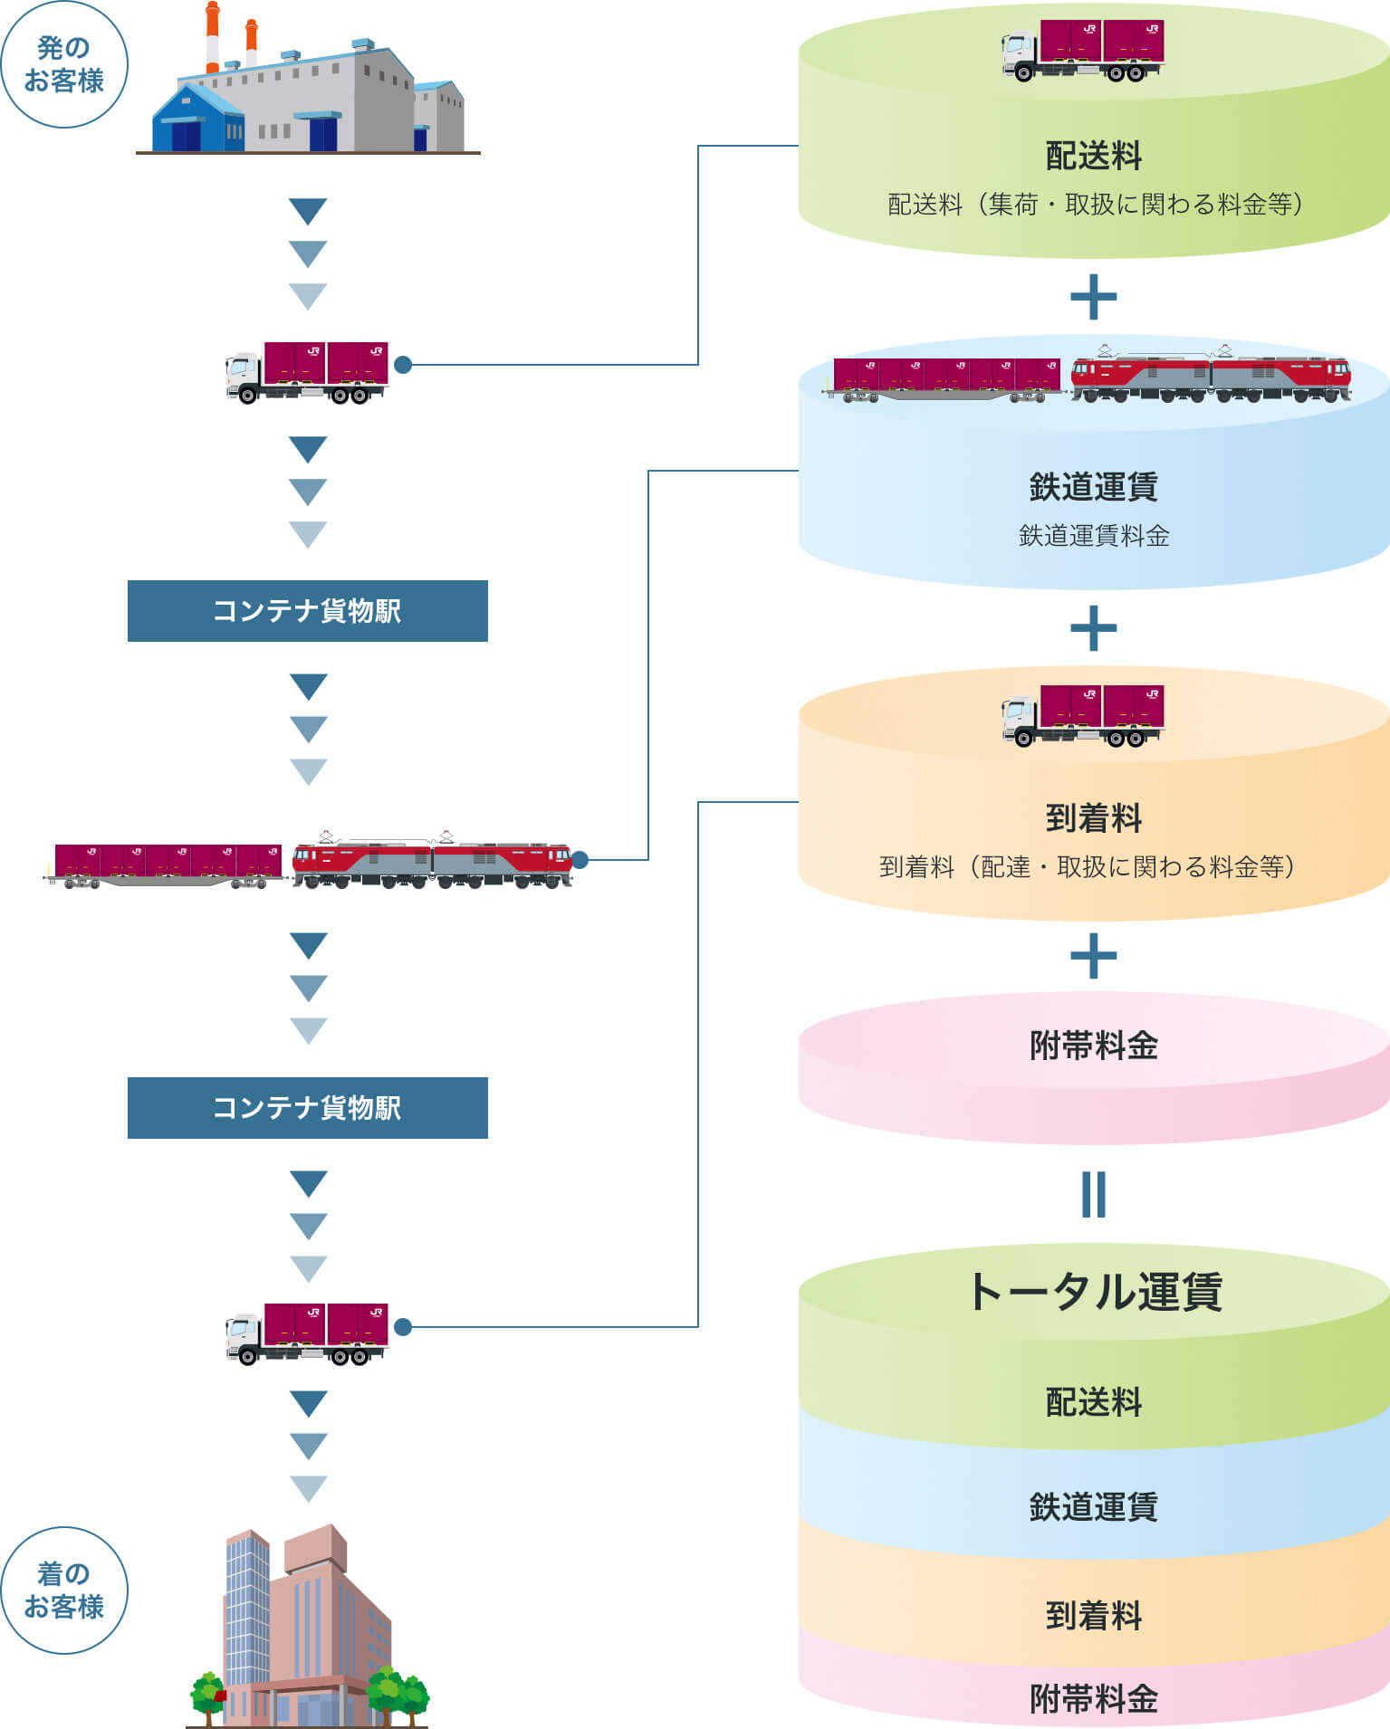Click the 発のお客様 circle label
pyautogui.click(x=63, y=64)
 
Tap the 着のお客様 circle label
pyautogui.click(x=63, y=1590)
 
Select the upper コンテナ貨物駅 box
pyautogui.click(x=307, y=611)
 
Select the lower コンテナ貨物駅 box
pyautogui.click(x=307, y=1108)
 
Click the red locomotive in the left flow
pyautogui.click(x=432, y=859)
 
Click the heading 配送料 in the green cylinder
pyautogui.click(x=1093, y=156)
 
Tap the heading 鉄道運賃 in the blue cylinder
pyautogui.click(x=1093, y=487)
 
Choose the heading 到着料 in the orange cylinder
pyautogui.click(x=1093, y=818)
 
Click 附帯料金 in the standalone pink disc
pyautogui.click(x=1093, y=1046)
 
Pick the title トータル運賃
pyautogui.click(x=1093, y=1292)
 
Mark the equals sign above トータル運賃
pyautogui.click(x=1093, y=1194)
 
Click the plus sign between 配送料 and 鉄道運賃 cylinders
pyautogui.click(x=1093, y=297)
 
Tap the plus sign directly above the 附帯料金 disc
pyautogui.click(x=1093, y=956)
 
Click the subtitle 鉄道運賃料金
pyautogui.click(x=1093, y=536)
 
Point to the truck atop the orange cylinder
pyautogui.click(x=1083, y=715)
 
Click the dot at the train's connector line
pyautogui.click(x=580, y=860)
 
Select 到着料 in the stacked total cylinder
pyautogui.click(x=1093, y=1615)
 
